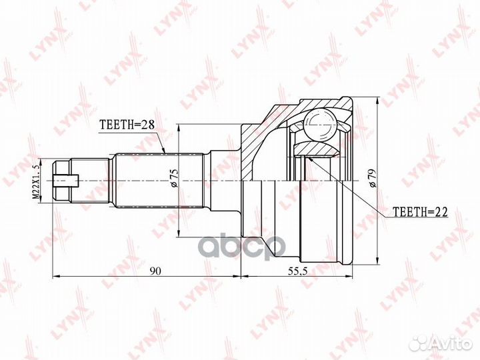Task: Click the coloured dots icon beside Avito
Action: [419, 343]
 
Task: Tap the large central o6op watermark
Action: [240, 243]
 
